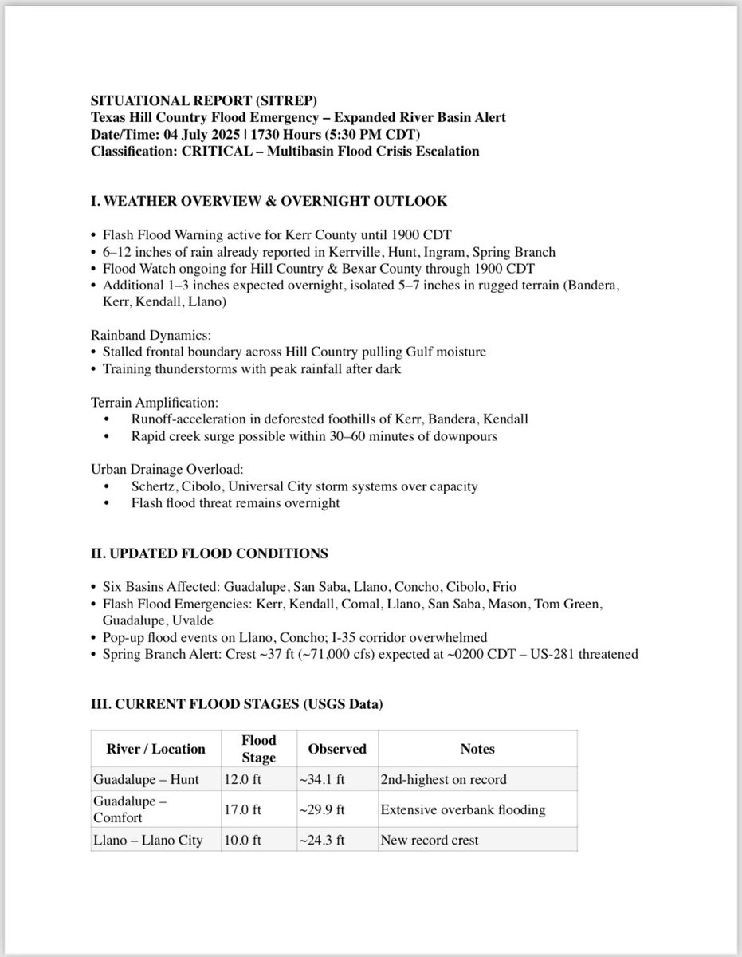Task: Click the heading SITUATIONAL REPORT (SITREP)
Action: [204, 102]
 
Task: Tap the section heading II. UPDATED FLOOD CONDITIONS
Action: [209, 553]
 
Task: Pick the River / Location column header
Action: [155, 749]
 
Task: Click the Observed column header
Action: [337, 749]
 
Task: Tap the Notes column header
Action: [477, 749]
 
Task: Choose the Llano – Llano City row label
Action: [147, 840]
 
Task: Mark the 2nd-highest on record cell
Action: [443, 779]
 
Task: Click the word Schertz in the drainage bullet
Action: [153, 486]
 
